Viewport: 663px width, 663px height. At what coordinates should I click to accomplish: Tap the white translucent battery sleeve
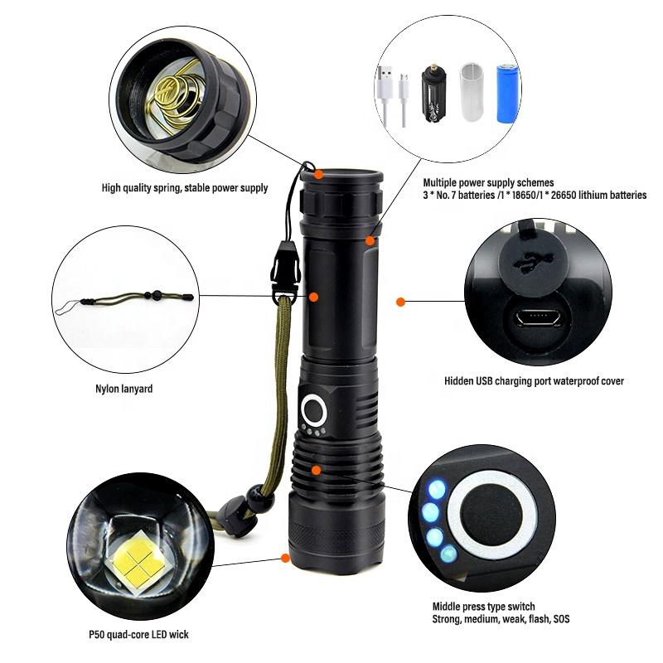coord(470,93)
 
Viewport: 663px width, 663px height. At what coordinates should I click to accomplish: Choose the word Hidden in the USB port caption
coord(461,381)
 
